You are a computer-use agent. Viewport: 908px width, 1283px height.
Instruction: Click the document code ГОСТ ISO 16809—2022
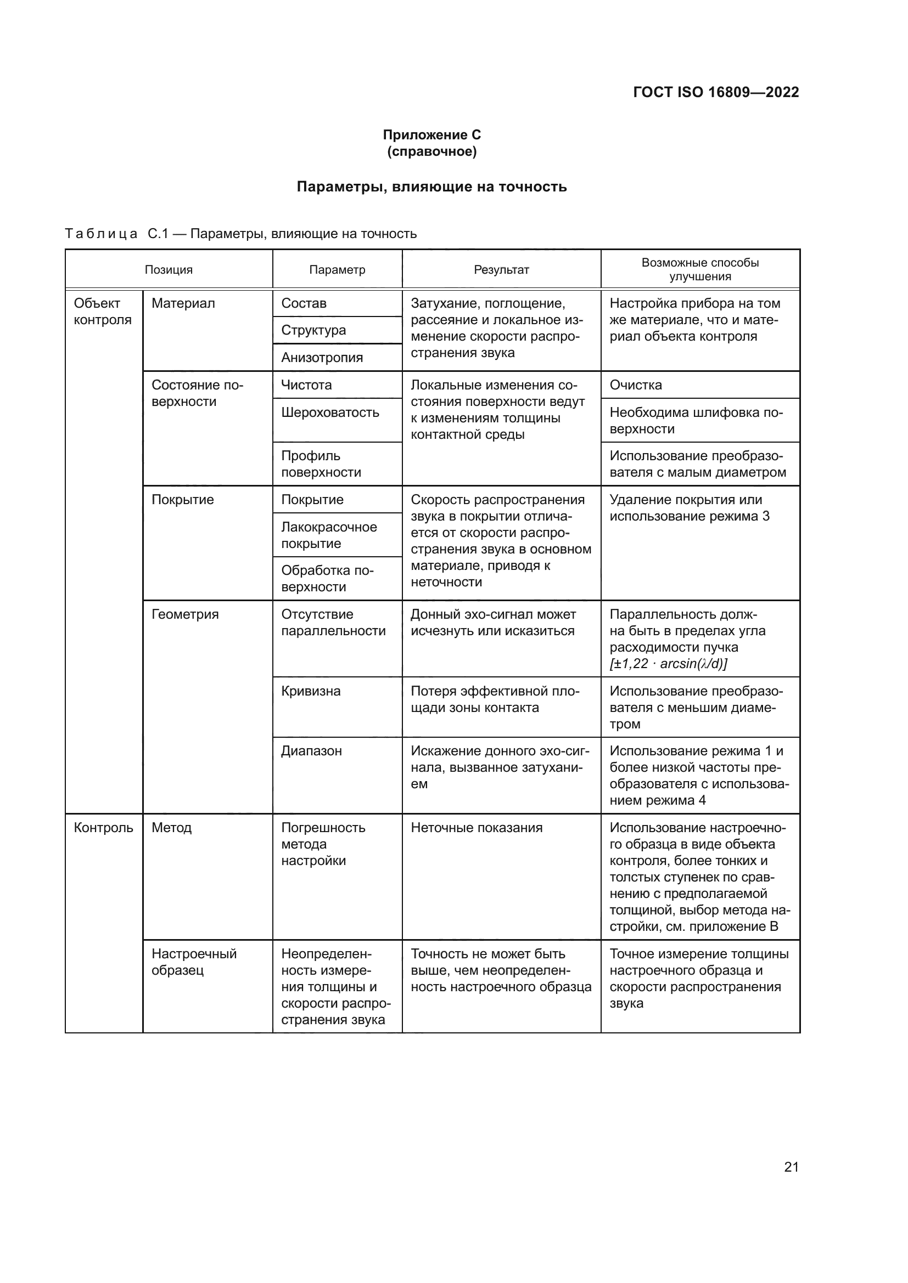click(x=716, y=92)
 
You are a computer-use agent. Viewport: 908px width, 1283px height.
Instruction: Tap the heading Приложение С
click(x=431, y=135)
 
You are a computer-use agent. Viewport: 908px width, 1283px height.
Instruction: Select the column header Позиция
click(x=169, y=270)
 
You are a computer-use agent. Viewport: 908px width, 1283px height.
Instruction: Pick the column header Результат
click(x=501, y=270)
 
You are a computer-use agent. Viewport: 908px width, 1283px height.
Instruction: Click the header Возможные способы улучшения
click(x=700, y=269)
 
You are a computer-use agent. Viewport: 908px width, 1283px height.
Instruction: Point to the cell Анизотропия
click(x=322, y=358)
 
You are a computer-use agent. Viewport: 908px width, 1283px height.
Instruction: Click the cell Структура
click(x=313, y=330)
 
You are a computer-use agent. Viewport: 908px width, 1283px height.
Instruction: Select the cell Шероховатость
click(x=330, y=412)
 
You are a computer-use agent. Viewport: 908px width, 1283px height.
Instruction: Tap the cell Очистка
click(x=636, y=385)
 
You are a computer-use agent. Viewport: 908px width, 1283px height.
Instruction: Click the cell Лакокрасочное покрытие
click(x=329, y=535)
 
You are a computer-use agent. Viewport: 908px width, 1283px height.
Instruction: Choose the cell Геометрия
click(x=185, y=615)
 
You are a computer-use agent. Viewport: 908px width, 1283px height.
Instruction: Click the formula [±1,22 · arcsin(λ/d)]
click(x=668, y=664)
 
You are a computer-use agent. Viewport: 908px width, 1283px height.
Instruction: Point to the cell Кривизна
click(x=311, y=691)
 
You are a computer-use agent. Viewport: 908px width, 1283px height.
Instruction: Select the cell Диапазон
click(x=311, y=751)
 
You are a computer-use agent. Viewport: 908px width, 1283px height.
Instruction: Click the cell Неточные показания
click(x=477, y=828)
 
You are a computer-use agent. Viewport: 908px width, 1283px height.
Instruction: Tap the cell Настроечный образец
click(x=193, y=962)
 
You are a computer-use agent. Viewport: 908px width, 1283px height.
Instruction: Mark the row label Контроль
click(x=103, y=828)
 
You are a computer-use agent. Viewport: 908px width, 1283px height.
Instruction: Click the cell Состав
click(x=304, y=303)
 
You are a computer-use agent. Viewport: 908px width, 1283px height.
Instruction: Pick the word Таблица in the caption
click(x=101, y=234)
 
